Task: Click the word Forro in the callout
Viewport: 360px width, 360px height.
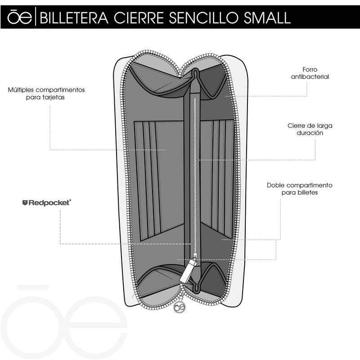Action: click(x=311, y=70)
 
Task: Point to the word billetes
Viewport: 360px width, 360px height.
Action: click(x=307, y=192)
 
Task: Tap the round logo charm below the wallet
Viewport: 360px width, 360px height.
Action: click(x=180, y=307)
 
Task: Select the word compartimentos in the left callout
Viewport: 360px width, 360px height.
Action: click(x=61, y=90)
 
